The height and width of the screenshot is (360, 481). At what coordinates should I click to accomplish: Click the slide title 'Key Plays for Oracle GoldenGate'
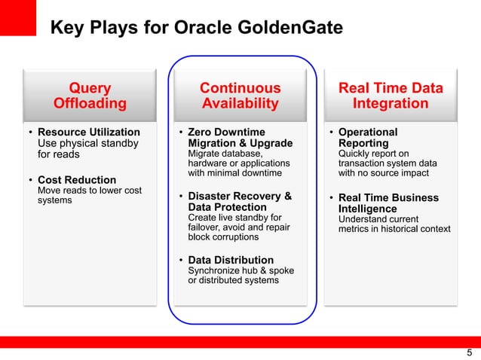point(196,29)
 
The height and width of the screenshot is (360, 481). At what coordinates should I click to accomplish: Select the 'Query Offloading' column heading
point(90,96)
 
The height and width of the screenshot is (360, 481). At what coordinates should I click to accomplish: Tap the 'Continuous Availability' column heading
point(240,96)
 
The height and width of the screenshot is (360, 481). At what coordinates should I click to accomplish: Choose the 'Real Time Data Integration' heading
point(390,96)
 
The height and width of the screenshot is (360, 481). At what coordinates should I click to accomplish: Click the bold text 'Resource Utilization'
point(88,133)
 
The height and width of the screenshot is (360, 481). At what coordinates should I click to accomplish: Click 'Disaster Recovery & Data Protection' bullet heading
point(240,202)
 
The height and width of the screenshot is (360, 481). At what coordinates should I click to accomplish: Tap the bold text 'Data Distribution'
point(231,260)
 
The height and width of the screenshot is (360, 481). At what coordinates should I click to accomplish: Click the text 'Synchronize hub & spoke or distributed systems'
point(240,275)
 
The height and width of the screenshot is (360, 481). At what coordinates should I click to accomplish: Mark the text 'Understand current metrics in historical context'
point(394,224)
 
